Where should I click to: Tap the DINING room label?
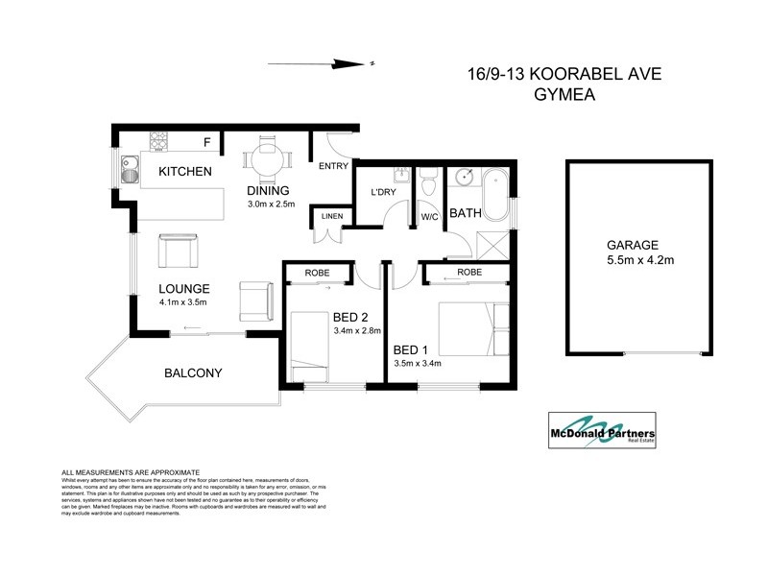[x=268, y=190]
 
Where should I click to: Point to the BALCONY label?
[x=193, y=372]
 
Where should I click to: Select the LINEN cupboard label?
[x=331, y=217]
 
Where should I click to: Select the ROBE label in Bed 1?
[x=469, y=273]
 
